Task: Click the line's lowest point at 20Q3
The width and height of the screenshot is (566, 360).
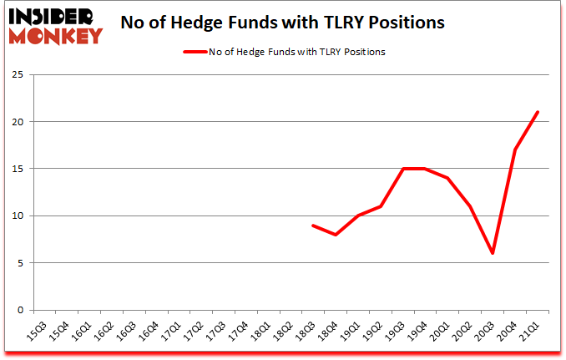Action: click(493, 253)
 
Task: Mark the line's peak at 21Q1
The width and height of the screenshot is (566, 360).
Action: click(538, 112)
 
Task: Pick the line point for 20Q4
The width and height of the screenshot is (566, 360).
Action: click(516, 150)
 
